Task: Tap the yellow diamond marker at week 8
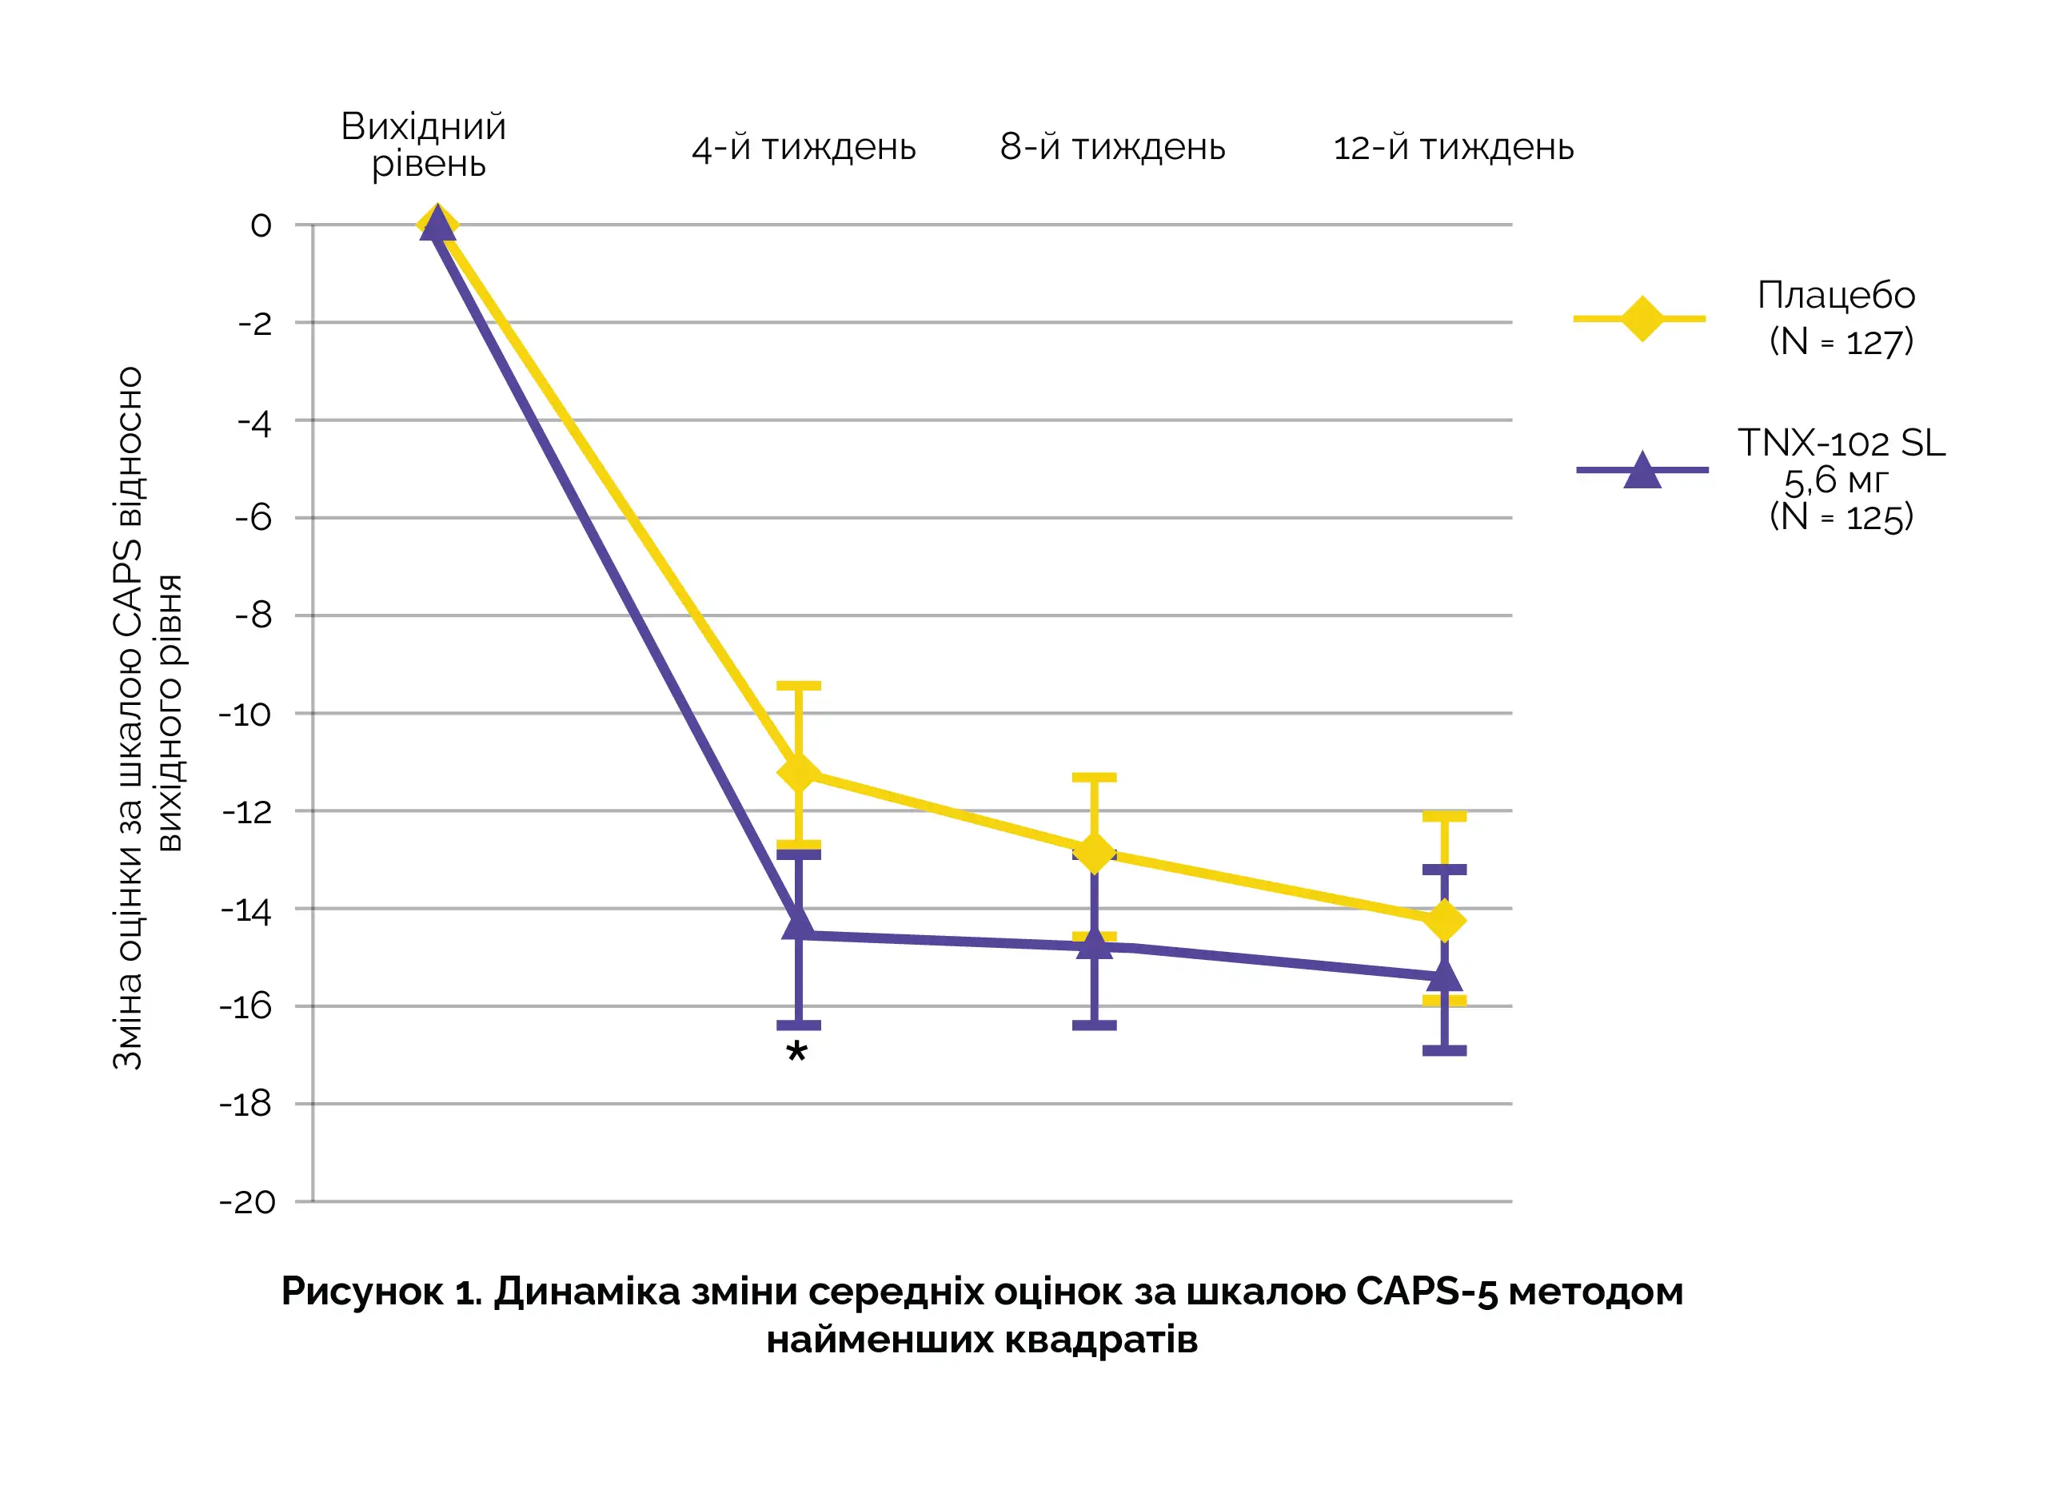pyautogui.click(x=1094, y=852)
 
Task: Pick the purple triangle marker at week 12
pyautogui.click(x=1443, y=976)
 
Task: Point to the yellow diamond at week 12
pyautogui.click(x=1443, y=920)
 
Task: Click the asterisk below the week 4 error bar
pyautogui.click(x=796, y=1053)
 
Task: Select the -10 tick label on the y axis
pyautogui.click(x=245, y=715)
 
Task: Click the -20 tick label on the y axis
pyautogui.click(x=247, y=1202)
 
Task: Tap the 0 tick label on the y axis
pyautogui.click(x=261, y=225)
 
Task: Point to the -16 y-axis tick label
pyautogui.click(x=245, y=1006)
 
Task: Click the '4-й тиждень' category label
pyautogui.click(x=803, y=148)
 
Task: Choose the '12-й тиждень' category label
pyautogui.click(x=1453, y=148)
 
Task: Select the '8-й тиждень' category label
pyautogui.click(x=1112, y=147)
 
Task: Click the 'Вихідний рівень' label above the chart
pyautogui.click(x=424, y=145)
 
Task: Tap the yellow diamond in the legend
pyautogui.click(x=1641, y=319)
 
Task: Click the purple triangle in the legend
pyautogui.click(x=1642, y=471)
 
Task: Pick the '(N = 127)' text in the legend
pyautogui.click(x=1840, y=341)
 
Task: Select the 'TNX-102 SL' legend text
pyautogui.click(x=1841, y=443)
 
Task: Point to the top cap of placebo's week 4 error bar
pyautogui.click(x=799, y=685)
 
